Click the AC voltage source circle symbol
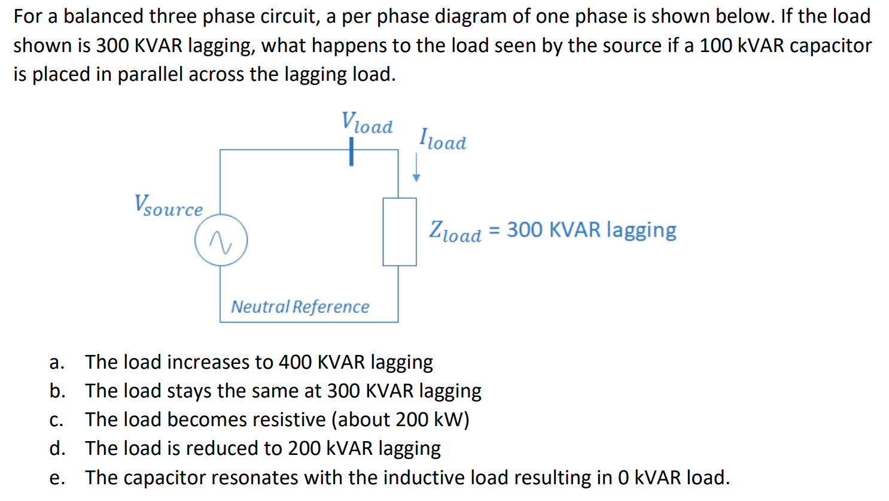(x=221, y=240)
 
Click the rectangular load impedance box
(x=399, y=232)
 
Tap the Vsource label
(x=168, y=206)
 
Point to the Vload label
(x=367, y=123)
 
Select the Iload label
(x=442, y=139)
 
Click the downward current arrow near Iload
(x=416, y=168)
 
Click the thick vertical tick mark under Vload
(x=351, y=151)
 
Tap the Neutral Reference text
(x=300, y=306)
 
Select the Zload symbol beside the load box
(x=455, y=232)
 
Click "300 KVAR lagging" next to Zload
(x=591, y=230)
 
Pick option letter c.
(x=56, y=420)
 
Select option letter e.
(x=56, y=478)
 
